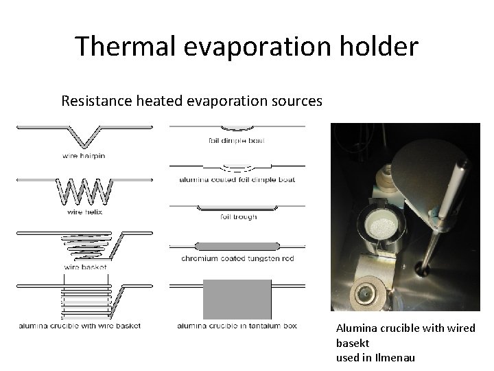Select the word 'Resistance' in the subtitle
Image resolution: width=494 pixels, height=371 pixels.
click(92, 102)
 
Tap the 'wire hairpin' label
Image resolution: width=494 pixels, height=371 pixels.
click(84, 156)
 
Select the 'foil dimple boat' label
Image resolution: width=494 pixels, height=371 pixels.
click(237, 142)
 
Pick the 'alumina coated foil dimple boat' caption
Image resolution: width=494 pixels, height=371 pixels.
click(237, 179)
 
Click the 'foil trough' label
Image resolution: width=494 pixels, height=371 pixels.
click(239, 217)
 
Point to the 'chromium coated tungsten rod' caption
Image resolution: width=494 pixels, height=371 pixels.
click(237, 258)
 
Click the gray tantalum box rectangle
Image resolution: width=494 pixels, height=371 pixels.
click(237, 299)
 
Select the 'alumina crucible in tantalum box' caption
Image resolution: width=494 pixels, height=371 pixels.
click(237, 326)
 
